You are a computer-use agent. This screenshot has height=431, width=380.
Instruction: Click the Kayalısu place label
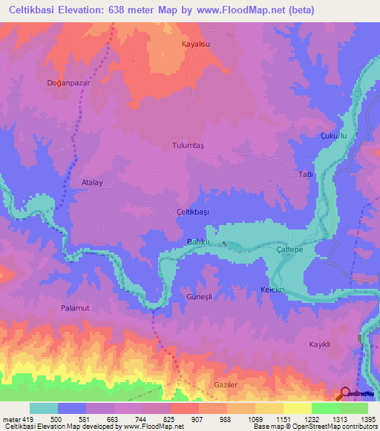click(198, 44)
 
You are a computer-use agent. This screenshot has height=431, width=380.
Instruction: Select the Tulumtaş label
click(189, 145)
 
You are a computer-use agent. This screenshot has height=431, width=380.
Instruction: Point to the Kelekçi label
click(273, 289)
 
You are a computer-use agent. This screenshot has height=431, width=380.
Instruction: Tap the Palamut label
click(75, 306)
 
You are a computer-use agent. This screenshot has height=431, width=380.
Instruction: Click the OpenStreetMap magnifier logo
click(346, 394)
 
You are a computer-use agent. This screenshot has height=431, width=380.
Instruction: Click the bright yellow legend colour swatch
click(297, 408)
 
